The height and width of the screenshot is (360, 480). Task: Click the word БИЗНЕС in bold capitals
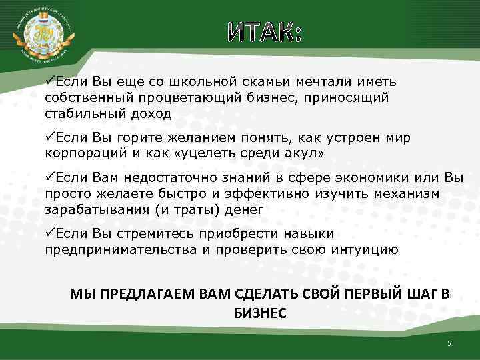coord(260,313)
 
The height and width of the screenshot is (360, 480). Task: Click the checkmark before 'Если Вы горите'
coord(49,137)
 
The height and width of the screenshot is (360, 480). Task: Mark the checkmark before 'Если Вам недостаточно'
coord(49,178)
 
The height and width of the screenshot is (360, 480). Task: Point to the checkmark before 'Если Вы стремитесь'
coord(49,234)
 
